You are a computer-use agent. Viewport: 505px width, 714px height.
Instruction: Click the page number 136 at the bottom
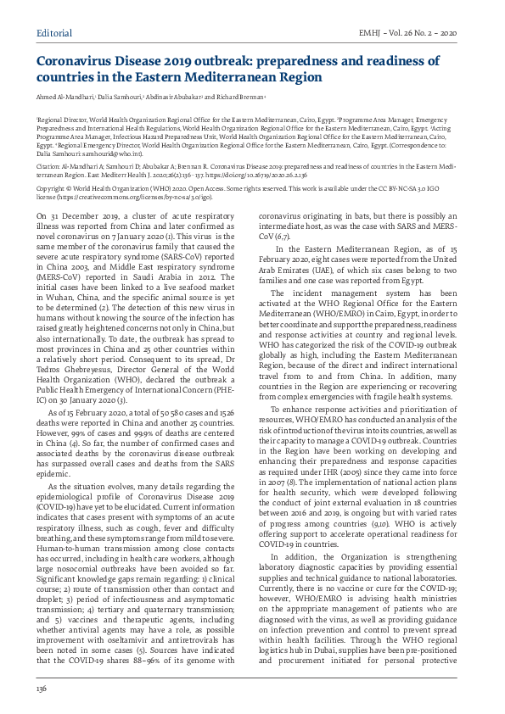(41, 689)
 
